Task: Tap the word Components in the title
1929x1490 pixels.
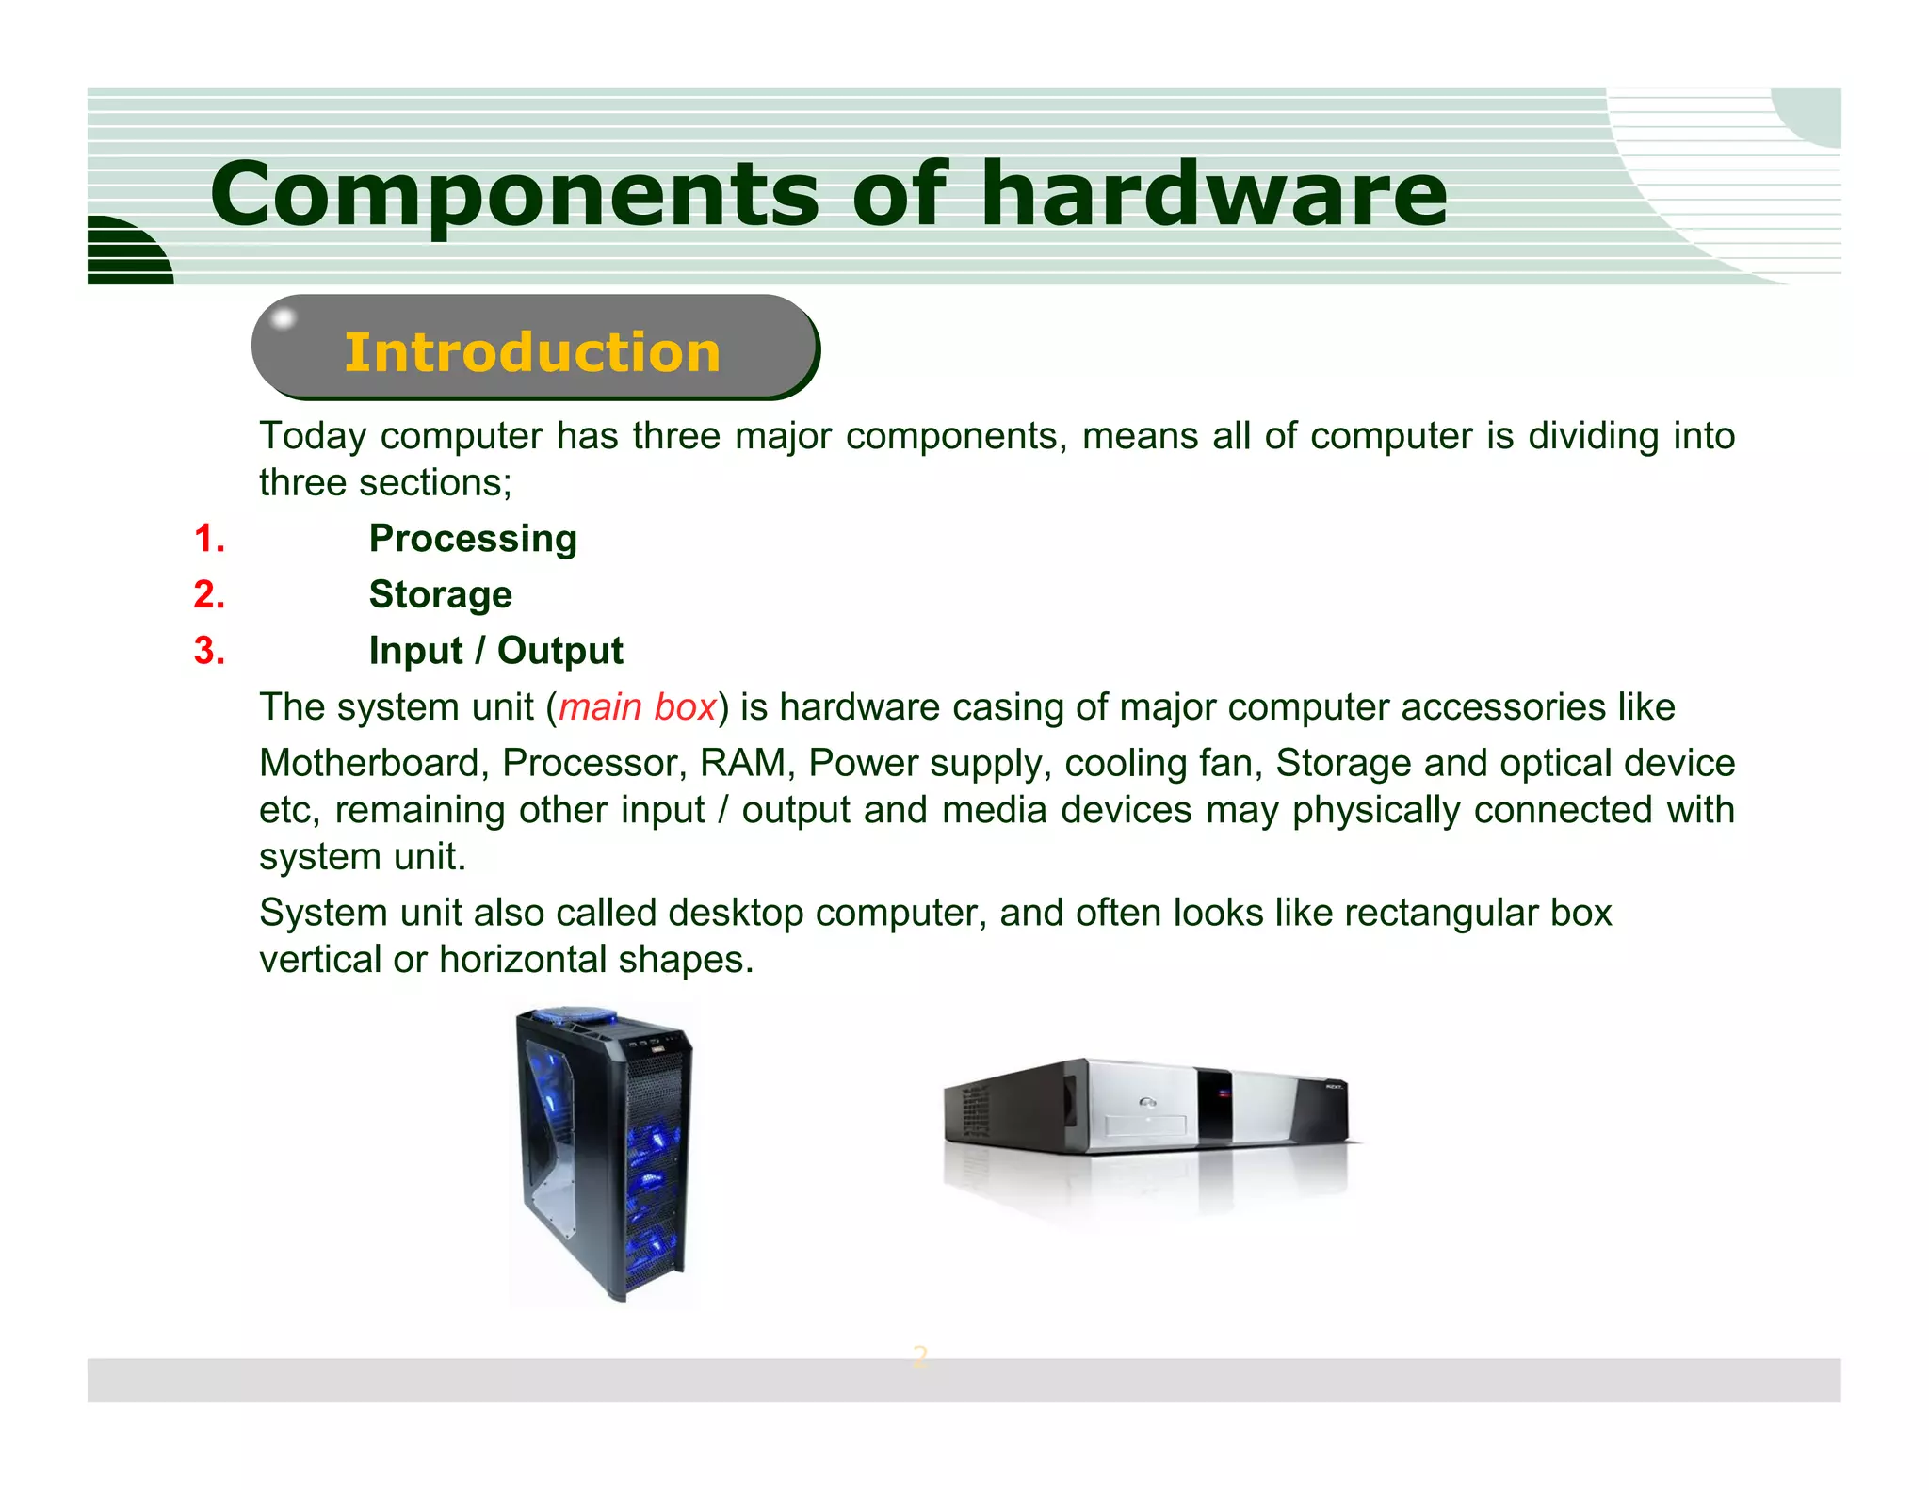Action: pos(514,195)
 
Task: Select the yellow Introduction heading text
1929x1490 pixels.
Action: pos(532,352)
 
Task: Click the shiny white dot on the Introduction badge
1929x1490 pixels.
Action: pos(282,319)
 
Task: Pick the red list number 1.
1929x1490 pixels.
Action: pos(209,539)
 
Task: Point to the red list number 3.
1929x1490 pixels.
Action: pos(209,651)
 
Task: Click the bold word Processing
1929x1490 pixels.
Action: pos(473,539)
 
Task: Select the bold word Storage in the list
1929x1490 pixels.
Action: pos(440,595)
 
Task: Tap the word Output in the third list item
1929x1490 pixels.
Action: pos(559,651)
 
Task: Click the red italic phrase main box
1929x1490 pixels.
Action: pos(638,707)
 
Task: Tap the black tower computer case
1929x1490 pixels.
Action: pos(603,1158)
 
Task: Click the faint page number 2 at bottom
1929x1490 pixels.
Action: pos(920,1356)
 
